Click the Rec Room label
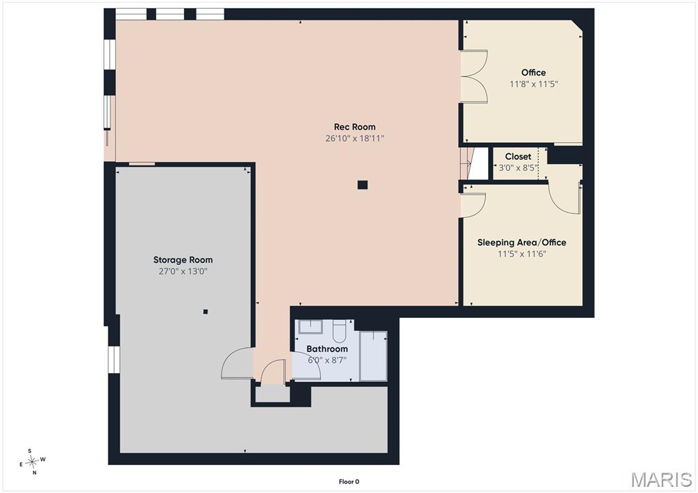click(x=354, y=127)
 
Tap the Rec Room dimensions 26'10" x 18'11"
click(x=354, y=138)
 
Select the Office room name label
click(x=534, y=72)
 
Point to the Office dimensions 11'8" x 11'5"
click(x=534, y=84)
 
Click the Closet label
click(x=518, y=157)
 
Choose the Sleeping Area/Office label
click(x=521, y=242)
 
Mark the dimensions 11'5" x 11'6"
click(x=521, y=254)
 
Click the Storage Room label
click(x=183, y=259)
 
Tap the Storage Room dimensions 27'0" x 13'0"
click(x=183, y=271)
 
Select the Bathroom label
click(x=327, y=349)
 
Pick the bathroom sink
click(x=310, y=327)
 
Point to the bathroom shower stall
click(x=373, y=355)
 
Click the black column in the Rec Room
click(x=363, y=185)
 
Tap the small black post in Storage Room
click(x=205, y=312)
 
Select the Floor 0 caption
click(x=349, y=481)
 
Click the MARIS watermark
click(x=661, y=479)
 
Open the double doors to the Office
click(x=474, y=78)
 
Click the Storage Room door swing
click(x=237, y=363)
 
